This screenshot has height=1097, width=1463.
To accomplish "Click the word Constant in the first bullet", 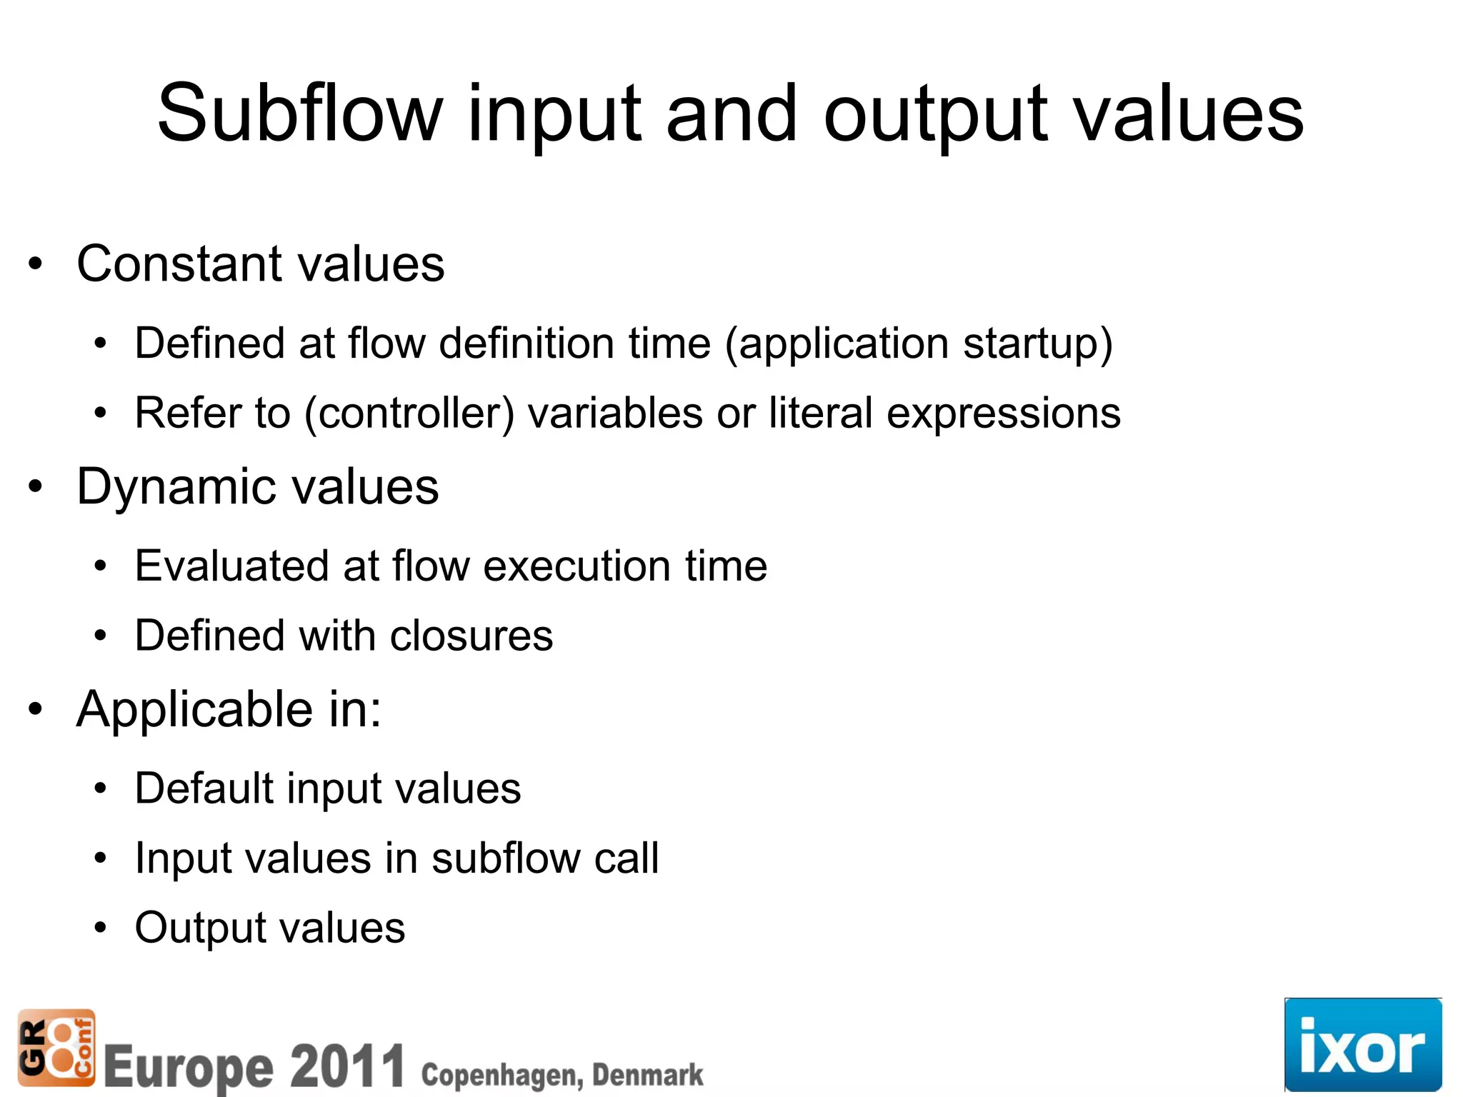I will point(179,264).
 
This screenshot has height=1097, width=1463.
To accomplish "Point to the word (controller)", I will point(409,414).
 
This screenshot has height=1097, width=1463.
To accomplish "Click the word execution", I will point(577,566).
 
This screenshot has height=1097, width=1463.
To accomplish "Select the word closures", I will point(471,636).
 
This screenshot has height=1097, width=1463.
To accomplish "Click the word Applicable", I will point(195,711).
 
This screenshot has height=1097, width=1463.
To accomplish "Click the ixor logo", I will point(1362,1045).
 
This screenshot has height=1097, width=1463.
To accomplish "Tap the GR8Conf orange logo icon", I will point(56,1047).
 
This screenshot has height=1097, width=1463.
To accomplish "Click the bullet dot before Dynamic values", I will point(36,488).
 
